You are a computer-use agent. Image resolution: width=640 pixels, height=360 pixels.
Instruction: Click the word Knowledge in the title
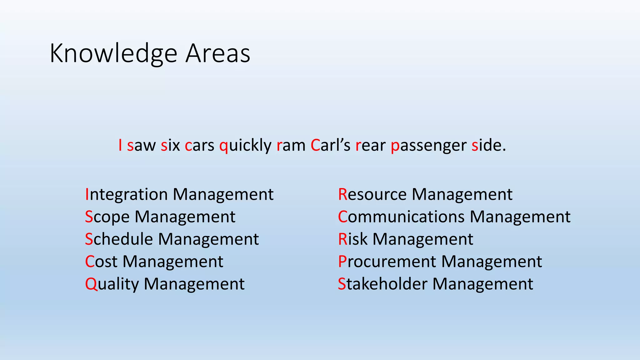113,54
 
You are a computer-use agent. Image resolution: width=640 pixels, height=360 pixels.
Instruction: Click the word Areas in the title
218,54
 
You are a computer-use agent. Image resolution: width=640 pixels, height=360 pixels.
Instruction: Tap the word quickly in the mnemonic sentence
246,145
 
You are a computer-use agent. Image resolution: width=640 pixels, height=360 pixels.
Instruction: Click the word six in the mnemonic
170,145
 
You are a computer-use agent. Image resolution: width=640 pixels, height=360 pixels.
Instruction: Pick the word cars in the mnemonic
200,146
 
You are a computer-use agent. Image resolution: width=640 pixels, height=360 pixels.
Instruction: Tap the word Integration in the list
127,195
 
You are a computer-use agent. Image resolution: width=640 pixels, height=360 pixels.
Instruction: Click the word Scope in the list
107,217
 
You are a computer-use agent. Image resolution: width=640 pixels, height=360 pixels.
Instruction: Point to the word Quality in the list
112,284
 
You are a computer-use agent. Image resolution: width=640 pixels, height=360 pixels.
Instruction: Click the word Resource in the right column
372,195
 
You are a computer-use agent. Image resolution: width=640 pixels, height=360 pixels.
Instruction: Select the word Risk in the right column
353,239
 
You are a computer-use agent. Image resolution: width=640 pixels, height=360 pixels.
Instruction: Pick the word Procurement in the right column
387,262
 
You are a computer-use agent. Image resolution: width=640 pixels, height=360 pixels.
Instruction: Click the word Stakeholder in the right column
382,284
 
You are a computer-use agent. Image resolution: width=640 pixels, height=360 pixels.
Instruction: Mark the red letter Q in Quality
91,284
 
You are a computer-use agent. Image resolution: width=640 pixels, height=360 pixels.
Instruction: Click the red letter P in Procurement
342,262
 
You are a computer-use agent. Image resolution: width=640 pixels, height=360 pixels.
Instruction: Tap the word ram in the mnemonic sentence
291,146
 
